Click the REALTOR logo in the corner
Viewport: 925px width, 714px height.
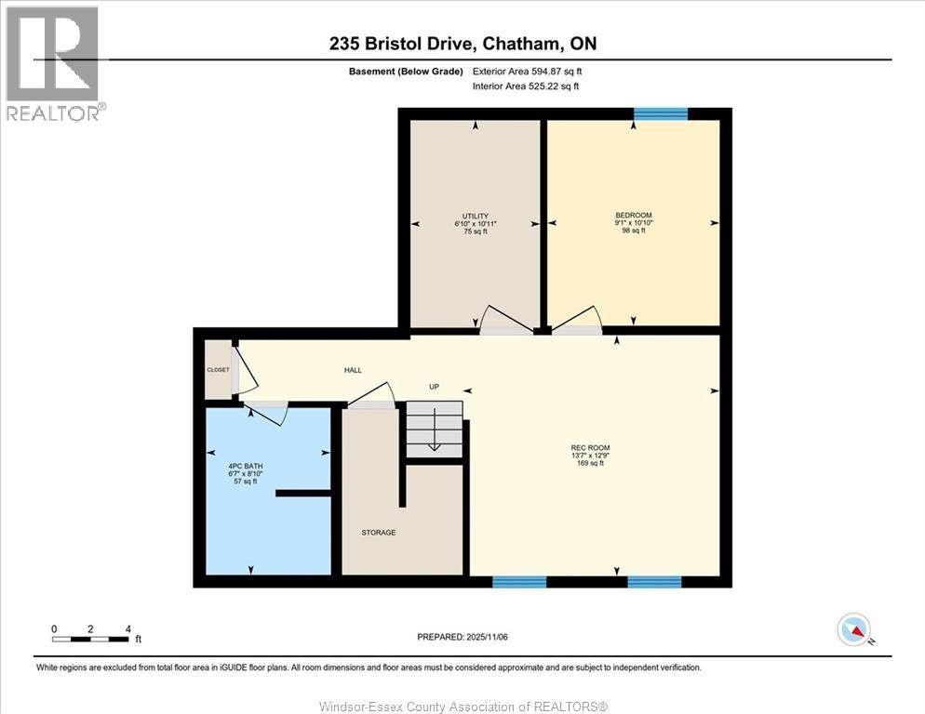[54, 63]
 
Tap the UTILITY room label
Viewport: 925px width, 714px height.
[476, 217]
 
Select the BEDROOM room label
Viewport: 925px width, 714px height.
[633, 216]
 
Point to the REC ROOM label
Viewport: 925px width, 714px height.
[590, 448]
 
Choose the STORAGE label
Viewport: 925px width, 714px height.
[379, 533]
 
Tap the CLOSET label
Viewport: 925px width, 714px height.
[218, 370]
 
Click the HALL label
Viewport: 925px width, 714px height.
[353, 370]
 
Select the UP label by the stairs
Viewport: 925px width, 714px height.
[434, 387]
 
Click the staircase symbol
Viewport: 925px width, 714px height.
[435, 429]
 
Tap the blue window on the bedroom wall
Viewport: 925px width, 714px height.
[661, 114]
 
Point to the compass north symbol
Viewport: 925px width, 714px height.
[853, 630]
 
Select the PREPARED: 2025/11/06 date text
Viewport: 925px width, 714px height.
[463, 637]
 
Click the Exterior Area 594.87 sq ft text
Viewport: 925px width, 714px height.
[528, 71]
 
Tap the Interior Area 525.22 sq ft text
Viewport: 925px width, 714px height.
[526, 86]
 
